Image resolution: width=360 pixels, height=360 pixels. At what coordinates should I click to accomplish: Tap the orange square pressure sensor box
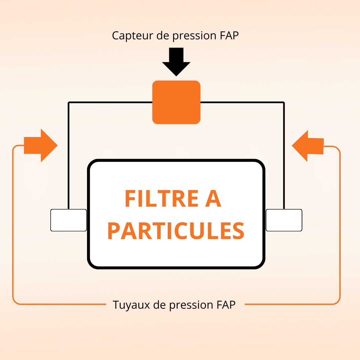(x=176, y=102)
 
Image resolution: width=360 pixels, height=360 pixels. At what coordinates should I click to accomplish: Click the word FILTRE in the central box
(x=161, y=199)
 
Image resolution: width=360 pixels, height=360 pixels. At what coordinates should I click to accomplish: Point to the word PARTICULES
(x=176, y=231)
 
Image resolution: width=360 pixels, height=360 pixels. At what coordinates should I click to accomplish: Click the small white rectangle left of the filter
(x=68, y=220)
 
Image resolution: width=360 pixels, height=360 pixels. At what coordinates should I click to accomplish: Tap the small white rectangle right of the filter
(x=284, y=220)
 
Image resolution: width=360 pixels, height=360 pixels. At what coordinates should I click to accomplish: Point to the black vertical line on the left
(x=68, y=153)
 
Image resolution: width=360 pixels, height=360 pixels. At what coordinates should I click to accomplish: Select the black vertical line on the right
(x=284, y=153)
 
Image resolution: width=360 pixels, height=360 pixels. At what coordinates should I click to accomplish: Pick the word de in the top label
(x=163, y=35)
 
